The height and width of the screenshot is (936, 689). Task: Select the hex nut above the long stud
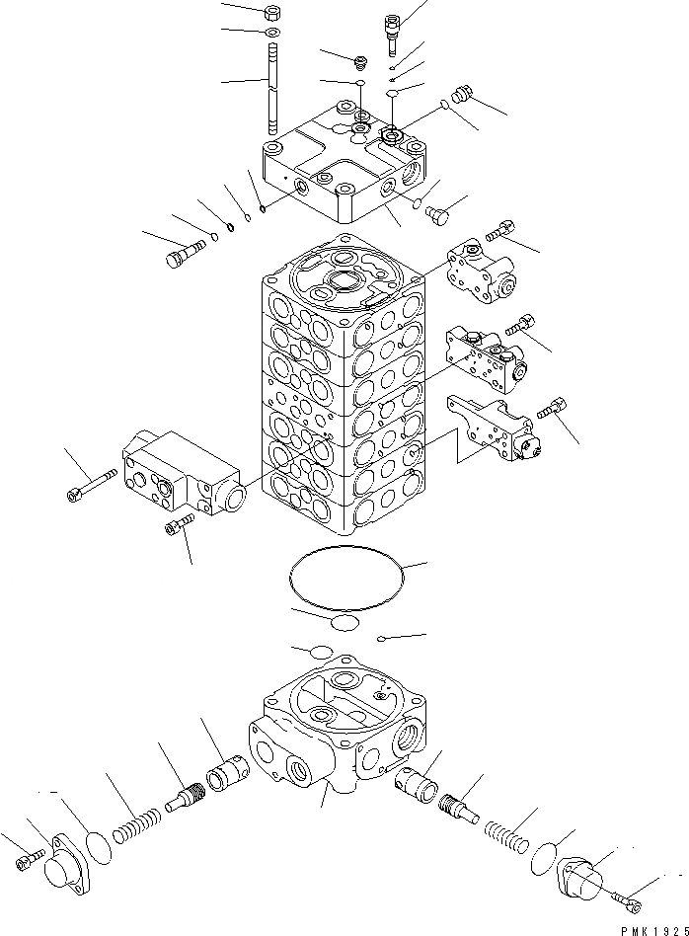click(271, 15)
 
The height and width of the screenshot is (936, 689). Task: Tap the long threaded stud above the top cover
click(271, 89)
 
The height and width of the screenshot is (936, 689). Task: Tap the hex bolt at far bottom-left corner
click(27, 861)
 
